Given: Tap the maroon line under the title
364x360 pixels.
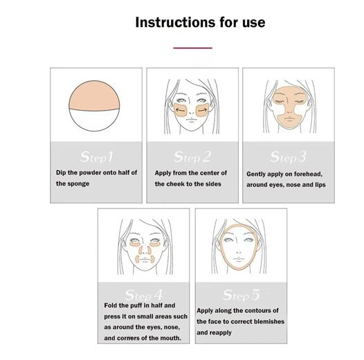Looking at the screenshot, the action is click(x=192, y=48).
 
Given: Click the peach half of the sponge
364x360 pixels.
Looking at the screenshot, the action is click(x=94, y=96).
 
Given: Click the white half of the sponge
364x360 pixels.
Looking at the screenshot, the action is click(x=94, y=120).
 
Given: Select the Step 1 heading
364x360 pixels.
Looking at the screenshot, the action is click(x=96, y=157).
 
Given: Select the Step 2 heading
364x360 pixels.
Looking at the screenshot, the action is click(x=192, y=157).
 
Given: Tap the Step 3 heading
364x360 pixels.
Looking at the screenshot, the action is click(x=288, y=157).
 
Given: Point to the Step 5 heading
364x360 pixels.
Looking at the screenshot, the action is click(x=241, y=295).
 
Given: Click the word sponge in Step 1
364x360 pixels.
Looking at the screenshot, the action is click(x=79, y=183).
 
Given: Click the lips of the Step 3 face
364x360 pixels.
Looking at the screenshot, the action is click(x=289, y=118).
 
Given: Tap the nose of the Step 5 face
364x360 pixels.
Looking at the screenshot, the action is click(x=239, y=251).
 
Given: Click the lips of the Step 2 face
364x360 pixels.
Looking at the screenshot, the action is click(x=191, y=120).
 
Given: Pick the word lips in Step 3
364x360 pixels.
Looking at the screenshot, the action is click(x=320, y=185).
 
